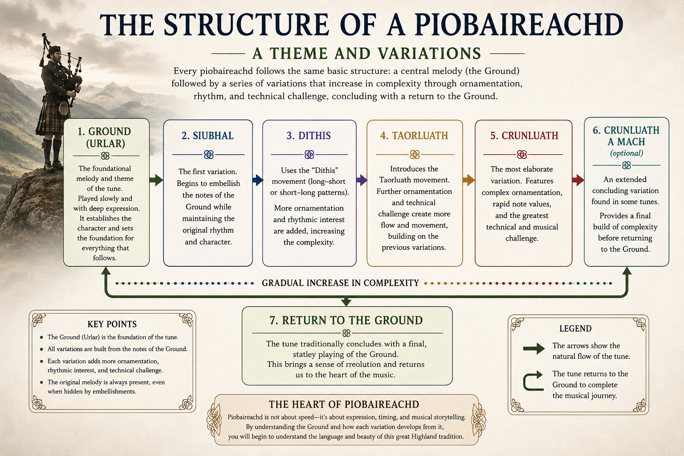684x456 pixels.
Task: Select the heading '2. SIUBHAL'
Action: tap(208, 136)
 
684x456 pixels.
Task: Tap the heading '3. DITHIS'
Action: tap(309, 136)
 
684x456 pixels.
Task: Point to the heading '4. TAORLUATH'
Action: tap(415, 136)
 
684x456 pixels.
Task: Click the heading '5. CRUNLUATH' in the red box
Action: tap(524, 136)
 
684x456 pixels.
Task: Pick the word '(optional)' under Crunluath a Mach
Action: tap(627, 153)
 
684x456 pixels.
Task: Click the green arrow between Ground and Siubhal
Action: tap(156, 180)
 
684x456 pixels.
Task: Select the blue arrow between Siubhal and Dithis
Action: tap(258, 180)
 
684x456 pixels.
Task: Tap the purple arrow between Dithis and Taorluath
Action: tap(362, 180)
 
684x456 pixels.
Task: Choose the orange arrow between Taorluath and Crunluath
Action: tap(469, 180)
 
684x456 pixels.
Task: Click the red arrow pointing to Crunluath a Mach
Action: tap(578, 180)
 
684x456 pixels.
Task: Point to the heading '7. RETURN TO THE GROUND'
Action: tap(346, 320)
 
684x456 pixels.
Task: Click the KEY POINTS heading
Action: tap(112, 324)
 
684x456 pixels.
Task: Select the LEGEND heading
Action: tap(575, 329)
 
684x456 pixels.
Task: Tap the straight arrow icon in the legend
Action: tap(534, 349)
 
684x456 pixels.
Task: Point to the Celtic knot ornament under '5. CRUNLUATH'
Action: tap(522, 155)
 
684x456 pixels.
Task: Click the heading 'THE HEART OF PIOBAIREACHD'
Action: tap(344, 404)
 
